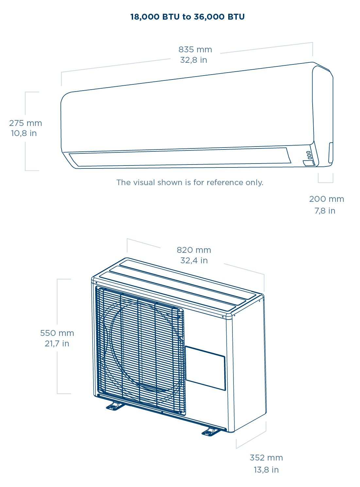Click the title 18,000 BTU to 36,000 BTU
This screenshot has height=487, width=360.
click(187, 17)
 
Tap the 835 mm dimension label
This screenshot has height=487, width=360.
click(195, 50)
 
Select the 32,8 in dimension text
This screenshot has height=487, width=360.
click(193, 60)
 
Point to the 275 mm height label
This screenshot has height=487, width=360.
click(26, 123)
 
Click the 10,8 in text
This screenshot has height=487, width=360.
click(24, 133)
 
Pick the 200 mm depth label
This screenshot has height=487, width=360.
click(326, 199)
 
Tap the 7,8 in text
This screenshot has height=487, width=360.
click(325, 211)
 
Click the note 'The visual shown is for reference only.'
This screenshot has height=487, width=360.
click(190, 183)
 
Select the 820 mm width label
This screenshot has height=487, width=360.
click(194, 250)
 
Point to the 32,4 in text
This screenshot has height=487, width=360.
click(194, 261)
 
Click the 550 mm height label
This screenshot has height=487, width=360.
click(57, 333)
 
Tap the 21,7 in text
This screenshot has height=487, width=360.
click(57, 344)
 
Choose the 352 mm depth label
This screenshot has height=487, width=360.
click(266, 458)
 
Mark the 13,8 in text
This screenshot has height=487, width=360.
click(266, 470)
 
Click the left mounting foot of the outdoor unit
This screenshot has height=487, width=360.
click(115, 406)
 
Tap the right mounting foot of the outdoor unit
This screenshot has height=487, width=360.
click(211, 432)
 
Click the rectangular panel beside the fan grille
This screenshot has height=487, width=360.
click(205, 368)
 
